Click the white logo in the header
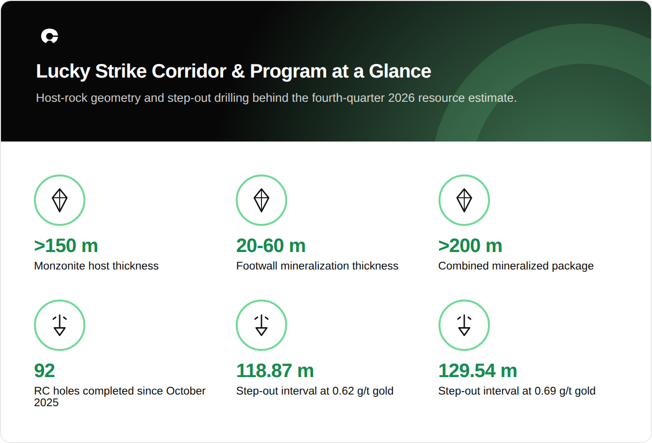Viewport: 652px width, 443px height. coord(49,36)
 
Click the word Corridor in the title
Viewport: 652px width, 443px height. coord(189,71)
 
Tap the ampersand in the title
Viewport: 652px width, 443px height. coord(238,71)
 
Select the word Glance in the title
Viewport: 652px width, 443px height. coord(400,71)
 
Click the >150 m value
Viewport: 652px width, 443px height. coord(66,246)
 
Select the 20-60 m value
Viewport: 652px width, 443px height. coord(271,246)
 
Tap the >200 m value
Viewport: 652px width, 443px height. coord(471,246)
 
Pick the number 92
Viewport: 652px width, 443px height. coord(44,371)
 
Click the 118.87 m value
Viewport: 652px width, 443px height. coord(275,371)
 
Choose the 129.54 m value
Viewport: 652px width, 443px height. coord(478,371)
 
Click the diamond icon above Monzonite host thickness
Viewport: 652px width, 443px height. coord(60,200)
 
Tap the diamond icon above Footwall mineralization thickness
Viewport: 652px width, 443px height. coord(261,200)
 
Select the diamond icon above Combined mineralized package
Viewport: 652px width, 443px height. coord(464,200)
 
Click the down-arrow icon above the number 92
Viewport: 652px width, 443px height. coord(60,325)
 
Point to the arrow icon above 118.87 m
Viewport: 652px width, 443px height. coord(261,325)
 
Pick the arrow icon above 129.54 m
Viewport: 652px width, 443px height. coord(464,325)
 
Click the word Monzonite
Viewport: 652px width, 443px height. coord(60,266)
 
